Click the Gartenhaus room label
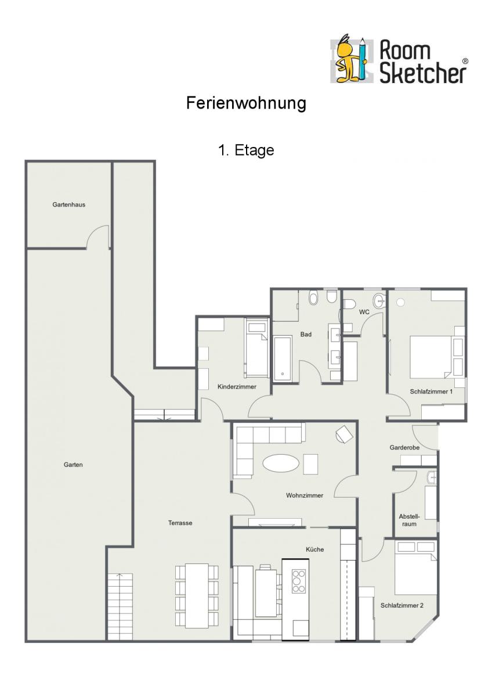point(68,204)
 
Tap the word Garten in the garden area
point(73,465)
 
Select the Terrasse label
point(180,523)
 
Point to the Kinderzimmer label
point(237,387)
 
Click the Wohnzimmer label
point(305,495)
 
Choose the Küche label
point(315,549)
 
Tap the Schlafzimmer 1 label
point(431,391)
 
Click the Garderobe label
point(404,447)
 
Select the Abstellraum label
point(410,520)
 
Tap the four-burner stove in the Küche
point(299,581)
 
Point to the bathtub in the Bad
point(283,358)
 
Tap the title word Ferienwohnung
point(246,103)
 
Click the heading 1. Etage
point(246,150)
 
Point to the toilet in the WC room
point(349,304)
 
